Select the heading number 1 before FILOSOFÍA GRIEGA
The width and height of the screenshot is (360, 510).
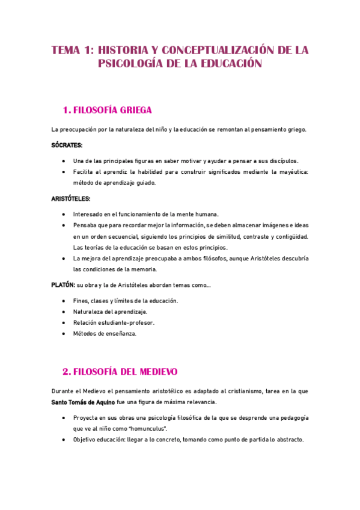coord(66,110)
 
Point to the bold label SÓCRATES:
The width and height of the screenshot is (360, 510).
coord(67,145)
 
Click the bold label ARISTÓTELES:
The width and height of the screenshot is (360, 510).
coord(71,198)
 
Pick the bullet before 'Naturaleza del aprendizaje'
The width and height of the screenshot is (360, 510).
coord(64,312)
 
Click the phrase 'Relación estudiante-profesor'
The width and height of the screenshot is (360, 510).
coord(114,322)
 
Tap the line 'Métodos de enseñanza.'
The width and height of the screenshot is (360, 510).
coord(105,333)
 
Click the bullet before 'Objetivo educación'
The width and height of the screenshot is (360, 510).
coord(64,439)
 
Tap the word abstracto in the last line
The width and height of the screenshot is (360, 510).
coord(284,439)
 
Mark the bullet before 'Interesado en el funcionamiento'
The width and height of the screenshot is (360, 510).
coord(64,214)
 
